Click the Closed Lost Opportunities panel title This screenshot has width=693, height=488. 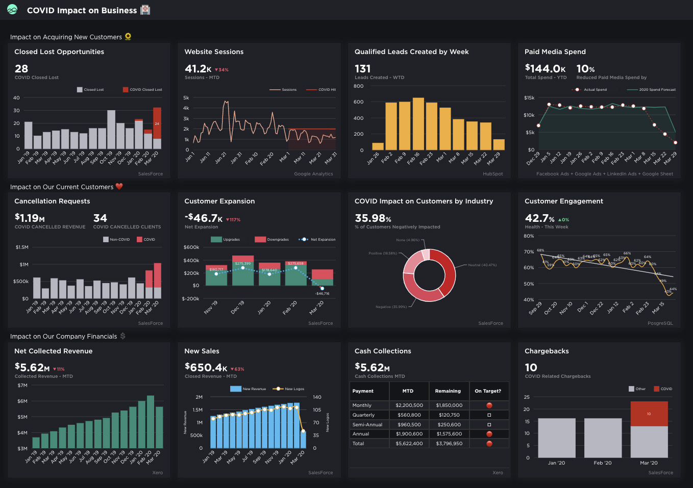[59, 52]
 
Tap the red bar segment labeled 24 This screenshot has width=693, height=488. [157, 123]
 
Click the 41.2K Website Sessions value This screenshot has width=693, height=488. [198, 69]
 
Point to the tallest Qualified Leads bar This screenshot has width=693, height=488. [418, 123]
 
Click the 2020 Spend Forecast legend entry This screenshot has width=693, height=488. [657, 90]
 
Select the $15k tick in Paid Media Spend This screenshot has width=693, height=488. [529, 98]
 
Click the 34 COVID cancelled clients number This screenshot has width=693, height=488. [100, 218]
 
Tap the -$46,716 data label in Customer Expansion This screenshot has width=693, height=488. [322, 294]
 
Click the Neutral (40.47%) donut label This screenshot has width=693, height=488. [482, 265]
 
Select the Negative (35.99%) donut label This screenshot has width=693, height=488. [391, 307]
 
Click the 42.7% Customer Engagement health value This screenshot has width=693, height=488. [539, 218]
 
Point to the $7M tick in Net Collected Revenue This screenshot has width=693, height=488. [22, 386]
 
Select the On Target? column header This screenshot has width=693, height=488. [488, 391]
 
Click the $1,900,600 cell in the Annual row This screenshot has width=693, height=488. [409, 434]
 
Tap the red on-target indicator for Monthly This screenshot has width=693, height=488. [489, 405]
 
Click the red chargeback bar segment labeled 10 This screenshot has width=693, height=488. [649, 414]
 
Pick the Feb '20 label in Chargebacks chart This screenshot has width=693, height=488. [602, 463]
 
